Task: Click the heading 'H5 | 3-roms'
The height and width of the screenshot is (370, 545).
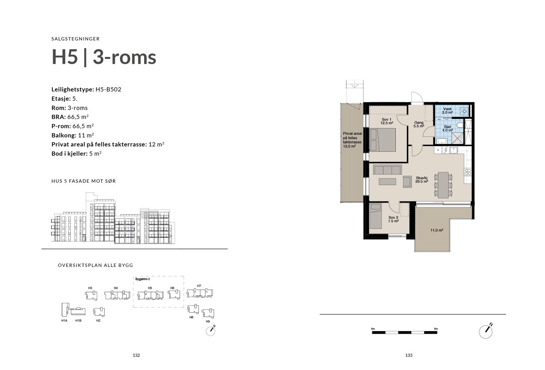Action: (104, 57)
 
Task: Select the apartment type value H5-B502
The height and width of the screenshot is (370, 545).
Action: (108, 90)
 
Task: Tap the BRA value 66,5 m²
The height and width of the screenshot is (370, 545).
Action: (80, 117)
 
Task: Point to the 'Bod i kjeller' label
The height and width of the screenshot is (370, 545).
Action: (69, 153)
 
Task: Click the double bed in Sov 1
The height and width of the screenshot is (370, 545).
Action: (383, 140)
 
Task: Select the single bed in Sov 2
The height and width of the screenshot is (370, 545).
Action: (376, 216)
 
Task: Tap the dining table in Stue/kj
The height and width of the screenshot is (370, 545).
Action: (443, 185)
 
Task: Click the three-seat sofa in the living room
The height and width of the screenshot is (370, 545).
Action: (388, 169)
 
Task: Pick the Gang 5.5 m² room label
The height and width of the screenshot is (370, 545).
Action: (419, 124)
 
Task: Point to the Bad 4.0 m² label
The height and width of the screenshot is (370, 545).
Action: (447, 128)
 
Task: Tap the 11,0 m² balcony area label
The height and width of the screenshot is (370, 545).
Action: (436, 230)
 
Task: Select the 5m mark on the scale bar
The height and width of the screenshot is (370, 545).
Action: (436, 329)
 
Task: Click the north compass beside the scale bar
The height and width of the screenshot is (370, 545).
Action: (486, 331)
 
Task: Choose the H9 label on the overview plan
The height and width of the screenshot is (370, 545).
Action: (208, 322)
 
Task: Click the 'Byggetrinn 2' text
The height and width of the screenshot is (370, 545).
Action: (143, 279)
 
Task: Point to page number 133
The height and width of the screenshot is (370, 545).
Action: (409, 355)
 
